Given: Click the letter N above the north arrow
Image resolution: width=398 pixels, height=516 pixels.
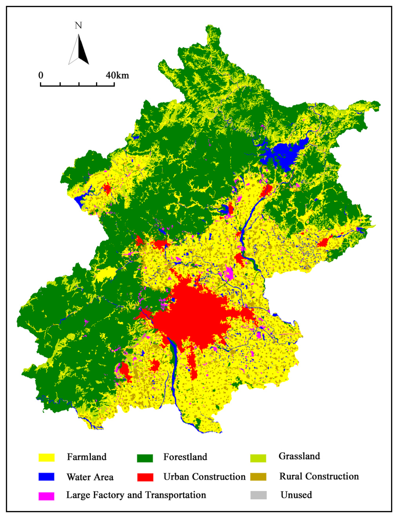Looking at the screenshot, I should pyautogui.click(x=78, y=26).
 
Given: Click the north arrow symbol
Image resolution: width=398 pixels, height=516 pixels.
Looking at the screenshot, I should pyautogui.click(x=79, y=50).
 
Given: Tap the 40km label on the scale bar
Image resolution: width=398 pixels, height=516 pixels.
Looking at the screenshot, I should pyautogui.click(x=117, y=75).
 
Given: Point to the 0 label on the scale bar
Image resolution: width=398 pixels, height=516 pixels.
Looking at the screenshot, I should pyautogui.click(x=41, y=75).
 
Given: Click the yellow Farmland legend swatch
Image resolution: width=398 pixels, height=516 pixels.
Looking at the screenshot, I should pyautogui.click(x=46, y=458).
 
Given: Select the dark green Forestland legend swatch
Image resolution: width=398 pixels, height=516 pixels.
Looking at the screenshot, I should pyautogui.click(x=145, y=458).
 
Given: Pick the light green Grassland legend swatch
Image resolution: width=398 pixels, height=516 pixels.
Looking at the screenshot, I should pyautogui.click(x=258, y=458).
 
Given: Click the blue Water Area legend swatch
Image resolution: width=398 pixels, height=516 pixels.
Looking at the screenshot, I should pyautogui.click(x=46, y=477).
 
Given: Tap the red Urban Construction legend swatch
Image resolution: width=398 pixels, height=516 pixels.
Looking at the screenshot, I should pyautogui.click(x=145, y=477).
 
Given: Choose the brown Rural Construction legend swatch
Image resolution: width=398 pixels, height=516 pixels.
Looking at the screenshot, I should pyautogui.click(x=258, y=477).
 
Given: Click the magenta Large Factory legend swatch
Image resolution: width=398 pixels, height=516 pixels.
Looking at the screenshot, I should pyautogui.click(x=46, y=496).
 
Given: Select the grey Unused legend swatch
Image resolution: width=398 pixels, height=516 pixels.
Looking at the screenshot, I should pyautogui.click(x=258, y=495).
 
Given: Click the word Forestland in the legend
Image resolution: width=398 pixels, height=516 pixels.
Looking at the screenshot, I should pyautogui.click(x=185, y=457).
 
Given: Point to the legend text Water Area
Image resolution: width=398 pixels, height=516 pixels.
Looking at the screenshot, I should pyautogui.click(x=90, y=477).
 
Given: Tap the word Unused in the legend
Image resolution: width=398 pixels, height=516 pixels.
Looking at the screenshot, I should pyautogui.click(x=296, y=495).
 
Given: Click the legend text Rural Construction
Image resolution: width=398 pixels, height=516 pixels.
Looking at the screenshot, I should pyautogui.click(x=319, y=476).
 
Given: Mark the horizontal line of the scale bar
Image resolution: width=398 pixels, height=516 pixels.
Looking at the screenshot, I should pyautogui.click(x=77, y=85).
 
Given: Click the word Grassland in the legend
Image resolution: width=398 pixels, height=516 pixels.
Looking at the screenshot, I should pyautogui.click(x=299, y=456).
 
